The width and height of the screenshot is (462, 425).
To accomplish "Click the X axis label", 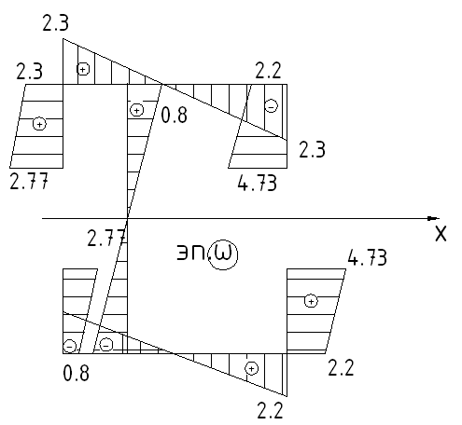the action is click(441, 234).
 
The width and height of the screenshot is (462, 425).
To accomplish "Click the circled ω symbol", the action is click(223, 254).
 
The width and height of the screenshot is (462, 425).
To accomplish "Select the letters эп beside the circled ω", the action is click(190, 253).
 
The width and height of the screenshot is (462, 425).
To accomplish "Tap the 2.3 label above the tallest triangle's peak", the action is click(55, 22).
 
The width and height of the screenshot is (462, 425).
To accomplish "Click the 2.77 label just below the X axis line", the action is click(106, 238).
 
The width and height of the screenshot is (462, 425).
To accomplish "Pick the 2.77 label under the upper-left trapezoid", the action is click(29, 181).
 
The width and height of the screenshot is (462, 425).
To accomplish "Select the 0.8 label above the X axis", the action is click(175, 116).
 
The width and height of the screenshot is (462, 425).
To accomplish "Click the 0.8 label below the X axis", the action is click(76, 373).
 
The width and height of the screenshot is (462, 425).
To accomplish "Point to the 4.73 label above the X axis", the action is click(257, 183).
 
